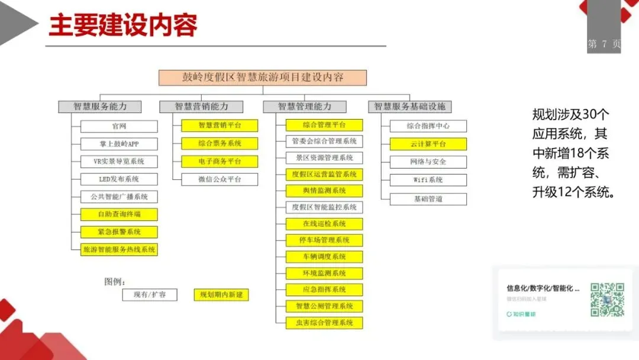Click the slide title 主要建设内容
coord(123,25)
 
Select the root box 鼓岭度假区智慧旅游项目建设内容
coord(263,78)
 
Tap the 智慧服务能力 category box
coord(100,107)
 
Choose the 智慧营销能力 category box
coord(201,107)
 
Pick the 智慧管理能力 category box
coord(305,107)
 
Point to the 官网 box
coord(119,126)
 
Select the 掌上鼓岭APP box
coord(119,144)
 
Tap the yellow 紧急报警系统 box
coord(119,232)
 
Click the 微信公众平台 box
coord(211,179)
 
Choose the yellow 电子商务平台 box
coord(211,161)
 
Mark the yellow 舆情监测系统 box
coord(324,191)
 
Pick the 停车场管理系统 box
coord(324,240)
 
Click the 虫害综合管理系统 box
coord(324,323)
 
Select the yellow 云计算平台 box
coord(428,144)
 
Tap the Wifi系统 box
coord(428,179)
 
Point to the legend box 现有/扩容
coord(150,294)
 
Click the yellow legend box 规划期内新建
coord(221,294)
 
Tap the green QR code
coord(607,300)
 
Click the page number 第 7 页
coord(603,44)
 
